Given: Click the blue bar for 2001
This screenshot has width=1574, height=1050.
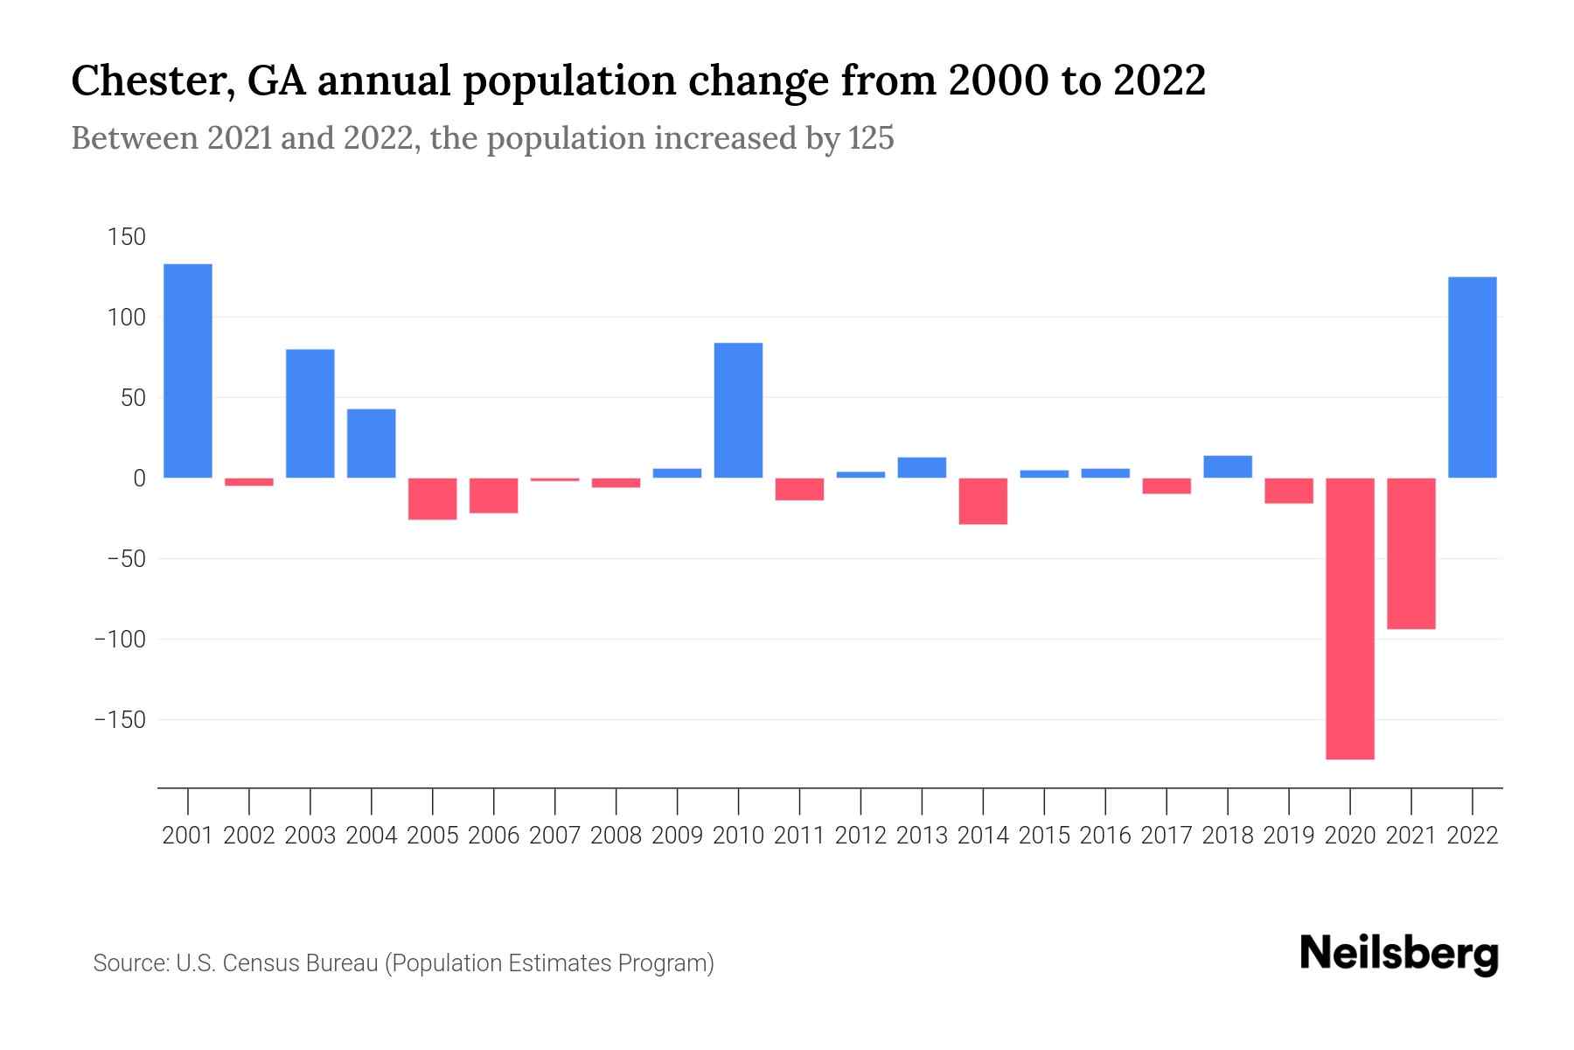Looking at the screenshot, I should point(188,370).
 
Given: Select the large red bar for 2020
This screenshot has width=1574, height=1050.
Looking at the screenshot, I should point(1350,618).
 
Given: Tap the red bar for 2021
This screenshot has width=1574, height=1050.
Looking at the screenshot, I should point(1411,553).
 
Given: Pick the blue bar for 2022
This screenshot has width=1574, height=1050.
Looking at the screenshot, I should point(1473,377).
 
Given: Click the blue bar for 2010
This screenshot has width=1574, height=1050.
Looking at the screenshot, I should point(738,409).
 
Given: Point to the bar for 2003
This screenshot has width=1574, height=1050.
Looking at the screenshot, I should point(310,413).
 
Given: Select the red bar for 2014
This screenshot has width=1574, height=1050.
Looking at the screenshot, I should point(983,500).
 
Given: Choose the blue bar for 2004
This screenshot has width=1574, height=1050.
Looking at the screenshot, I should point(372,443).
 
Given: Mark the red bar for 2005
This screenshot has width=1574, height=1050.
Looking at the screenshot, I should point(433,499).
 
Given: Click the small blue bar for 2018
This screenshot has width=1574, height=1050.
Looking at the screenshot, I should point(1228,466).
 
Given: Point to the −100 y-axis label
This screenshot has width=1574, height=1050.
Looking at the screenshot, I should point(120,639).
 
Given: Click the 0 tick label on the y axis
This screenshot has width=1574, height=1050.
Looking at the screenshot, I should point(139,478).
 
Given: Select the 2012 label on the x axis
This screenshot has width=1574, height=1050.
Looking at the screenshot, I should point(860,836).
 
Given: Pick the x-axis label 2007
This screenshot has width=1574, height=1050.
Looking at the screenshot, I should point(554,836).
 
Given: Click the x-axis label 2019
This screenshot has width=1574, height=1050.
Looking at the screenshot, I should point(1289,836).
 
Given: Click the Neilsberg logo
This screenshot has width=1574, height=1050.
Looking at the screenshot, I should point(1399,954).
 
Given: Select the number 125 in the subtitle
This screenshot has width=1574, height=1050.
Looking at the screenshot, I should point(871,138).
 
